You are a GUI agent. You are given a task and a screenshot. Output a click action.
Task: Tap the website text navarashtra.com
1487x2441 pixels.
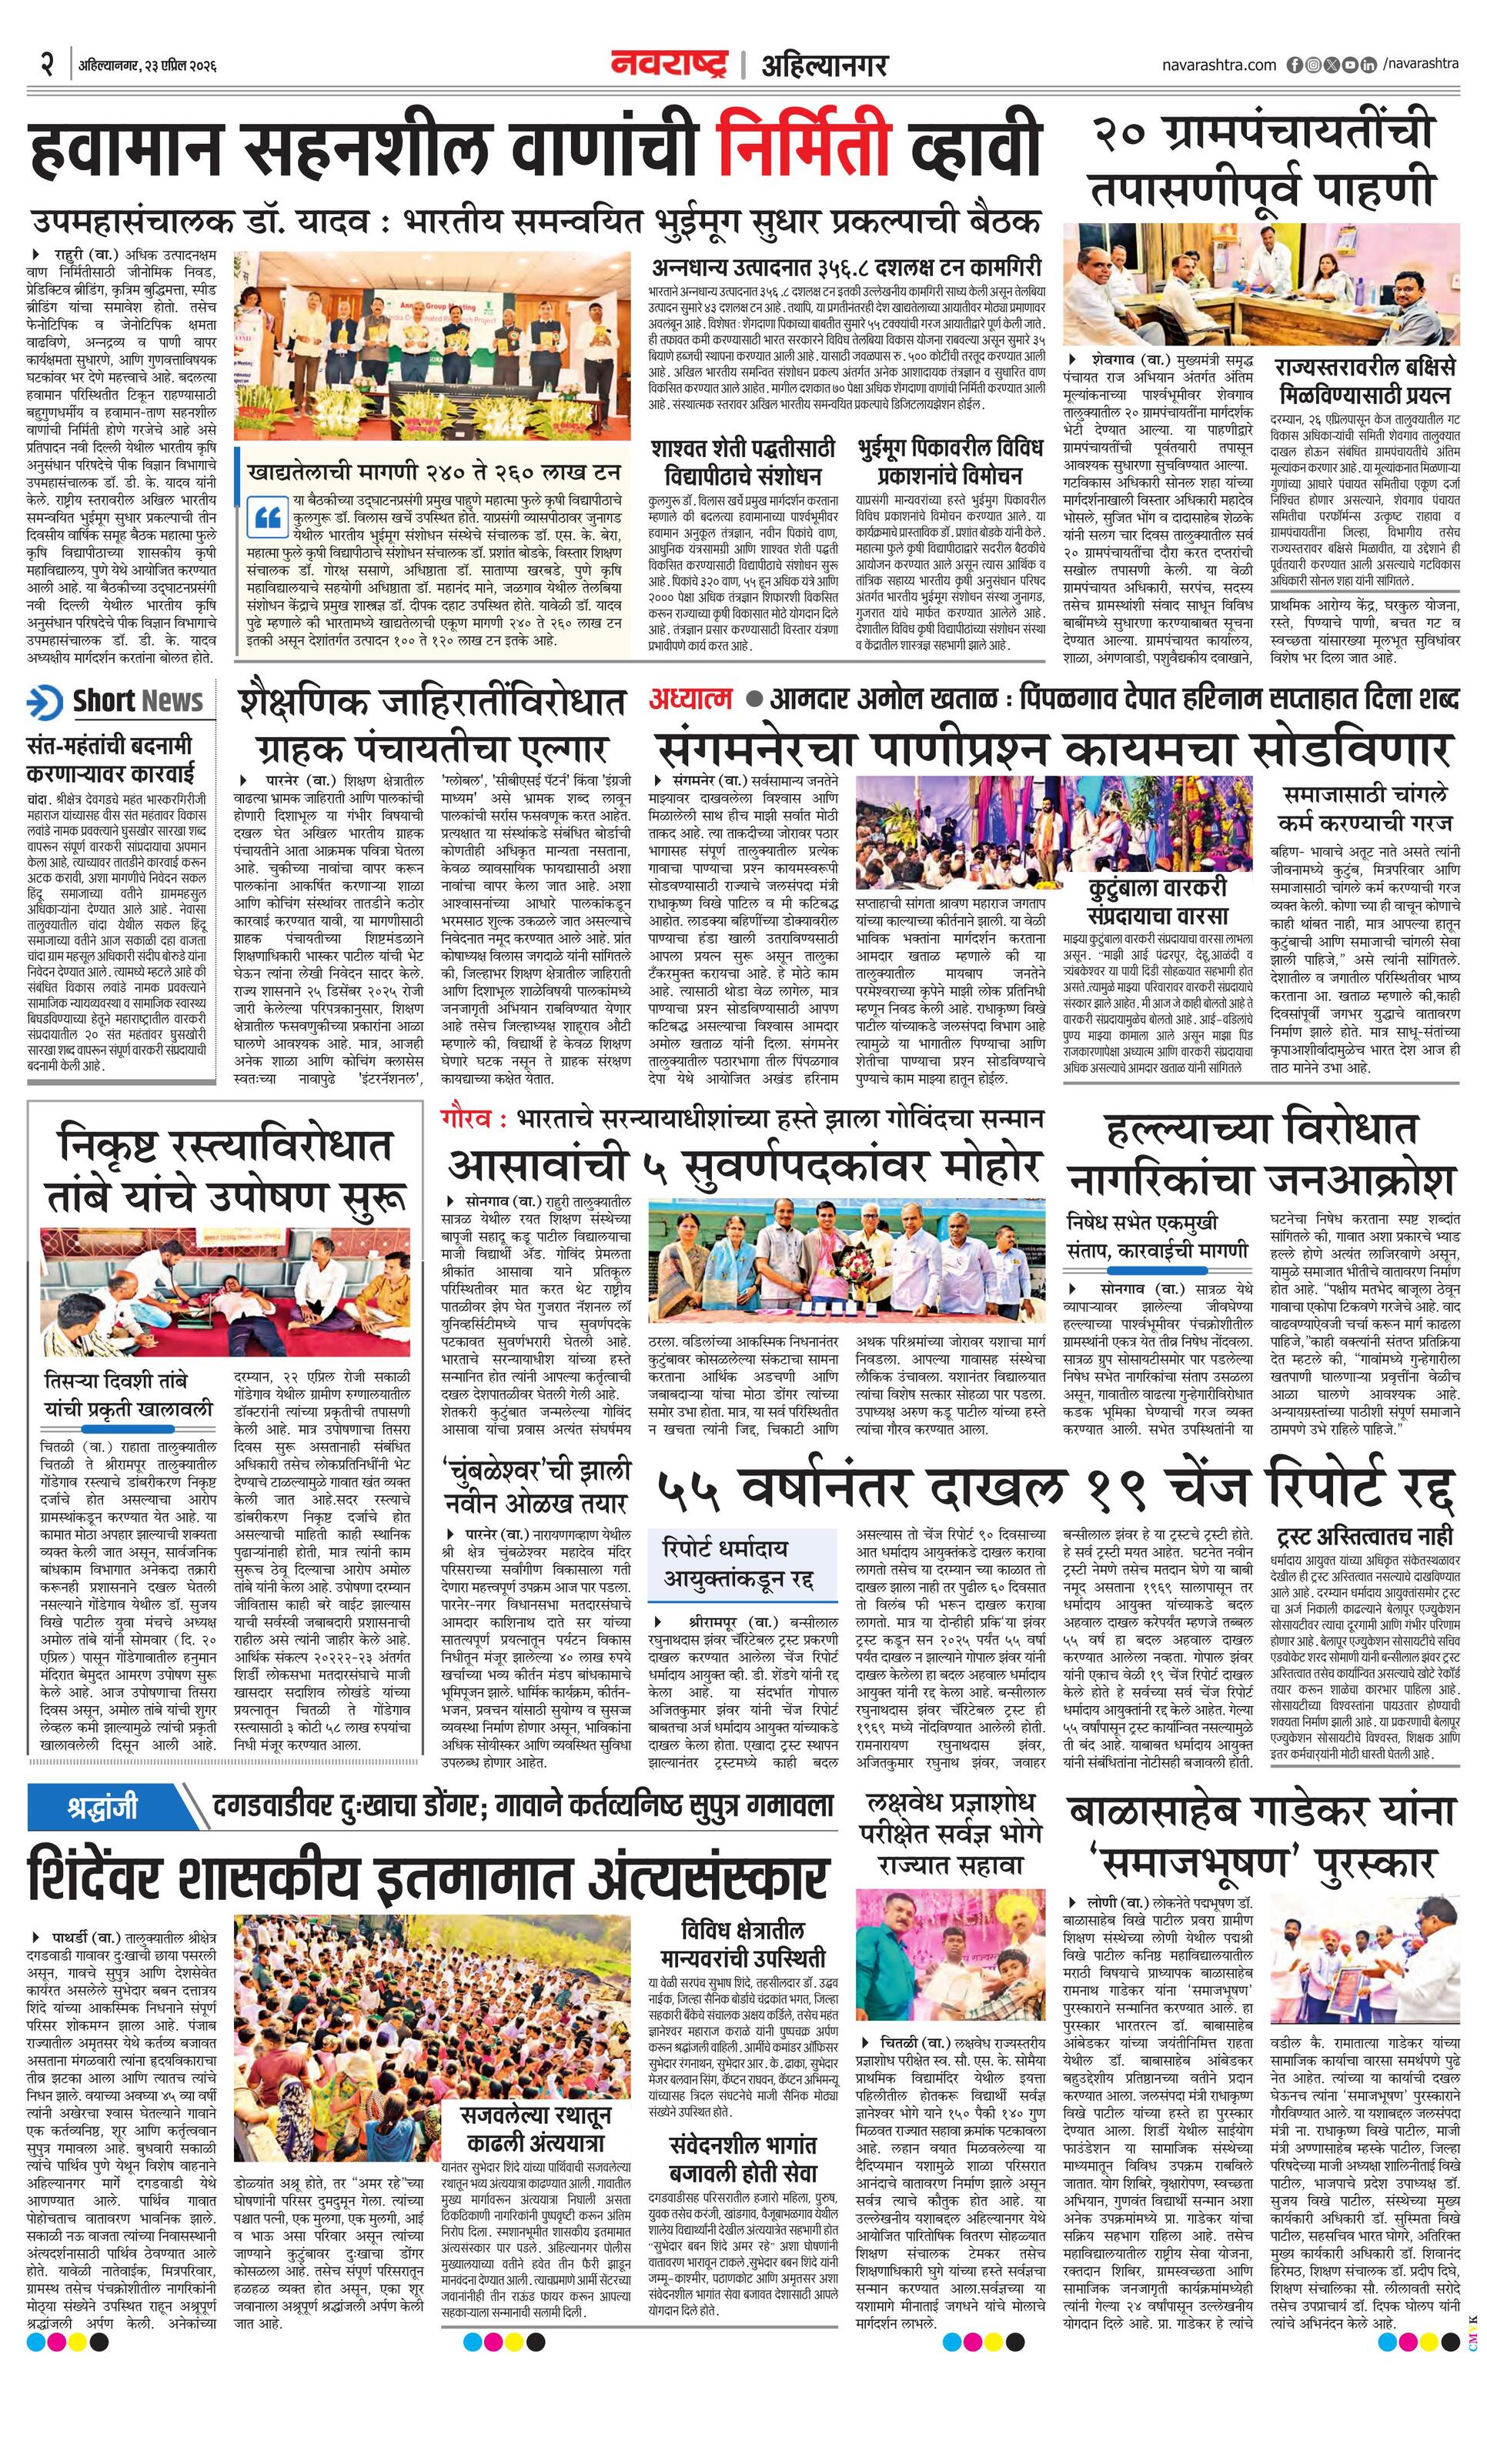point(1218,65)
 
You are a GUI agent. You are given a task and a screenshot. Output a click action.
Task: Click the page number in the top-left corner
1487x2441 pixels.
point(46,65)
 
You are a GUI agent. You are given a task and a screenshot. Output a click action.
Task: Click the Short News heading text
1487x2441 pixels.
point(138,701)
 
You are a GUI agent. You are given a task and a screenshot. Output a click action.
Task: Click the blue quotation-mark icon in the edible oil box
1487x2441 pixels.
point(268,517)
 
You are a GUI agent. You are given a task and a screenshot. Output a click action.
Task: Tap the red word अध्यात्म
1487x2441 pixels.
point(690,700)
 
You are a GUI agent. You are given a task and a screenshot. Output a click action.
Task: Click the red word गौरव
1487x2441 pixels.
point(466,1118)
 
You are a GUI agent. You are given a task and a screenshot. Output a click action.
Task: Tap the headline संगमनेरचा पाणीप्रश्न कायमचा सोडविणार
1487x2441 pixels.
point(1050,749)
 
